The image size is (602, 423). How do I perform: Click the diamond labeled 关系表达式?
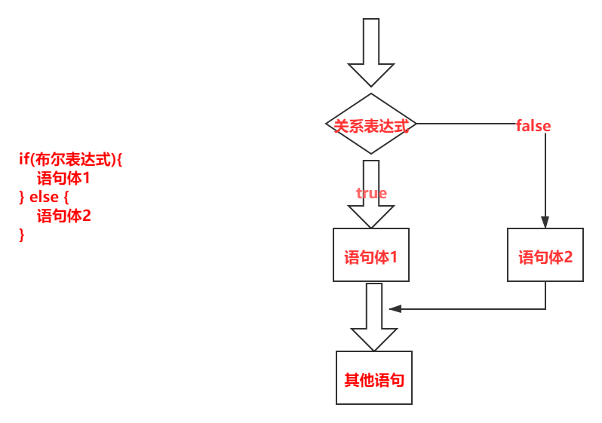click(x=370, y=125)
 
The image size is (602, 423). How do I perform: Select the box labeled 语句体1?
click(x=371, y=256)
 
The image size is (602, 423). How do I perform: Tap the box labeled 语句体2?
click(x=545, y=256)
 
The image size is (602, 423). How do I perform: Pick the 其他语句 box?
click(x=374, y=378)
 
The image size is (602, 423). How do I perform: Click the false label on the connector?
click(x=533, y=125)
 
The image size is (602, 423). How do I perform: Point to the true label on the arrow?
click(x=371, y=193)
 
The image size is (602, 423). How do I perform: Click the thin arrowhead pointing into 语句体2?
click(x=545, y=222)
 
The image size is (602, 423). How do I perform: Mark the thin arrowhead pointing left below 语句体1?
click(x=394, y=308)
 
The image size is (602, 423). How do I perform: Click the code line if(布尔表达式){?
click(x=70, y=159)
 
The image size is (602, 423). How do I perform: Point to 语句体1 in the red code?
click(x=63, y=179)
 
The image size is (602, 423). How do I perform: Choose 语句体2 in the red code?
click(x=63, y=216)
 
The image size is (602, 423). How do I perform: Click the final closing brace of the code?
click(x=21, y=234)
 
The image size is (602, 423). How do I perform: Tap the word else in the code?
click(x=45, y=197)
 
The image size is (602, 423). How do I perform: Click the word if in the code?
click(x=23, y=159)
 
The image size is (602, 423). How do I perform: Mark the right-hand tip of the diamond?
click(x=414, y=124)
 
